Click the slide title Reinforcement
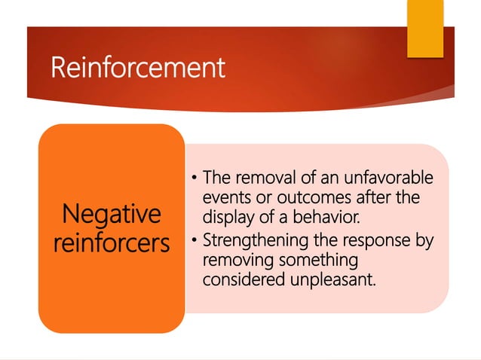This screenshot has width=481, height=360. [x=137, y=69]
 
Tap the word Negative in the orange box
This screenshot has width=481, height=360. [x=112, y=215]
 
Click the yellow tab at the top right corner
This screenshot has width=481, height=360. [x=425, y=28]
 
